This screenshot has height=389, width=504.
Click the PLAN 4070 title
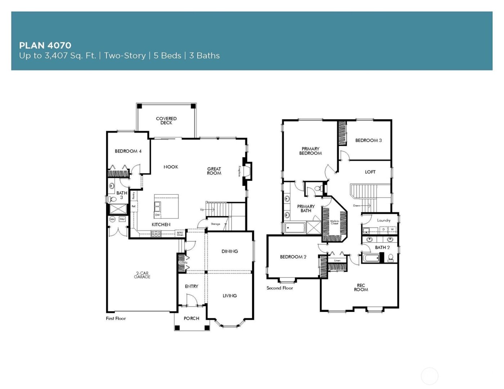coord(45,45)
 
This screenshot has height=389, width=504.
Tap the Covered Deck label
coord(166,121)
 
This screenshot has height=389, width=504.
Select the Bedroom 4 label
coord(128,151)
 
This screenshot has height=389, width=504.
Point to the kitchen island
coord(166,207)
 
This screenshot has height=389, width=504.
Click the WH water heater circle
coord(112,219)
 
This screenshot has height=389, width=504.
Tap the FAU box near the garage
coord(122,219)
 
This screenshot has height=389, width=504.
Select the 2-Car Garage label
coord(142,275)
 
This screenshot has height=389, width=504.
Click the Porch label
coord(191,318)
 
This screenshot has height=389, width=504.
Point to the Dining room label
coord(230,252)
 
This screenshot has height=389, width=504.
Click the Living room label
coord(230,296)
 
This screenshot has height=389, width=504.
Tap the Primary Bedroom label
coord(310,151)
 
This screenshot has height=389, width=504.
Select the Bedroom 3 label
coord(368,140)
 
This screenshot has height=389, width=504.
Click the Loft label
coord(370,172)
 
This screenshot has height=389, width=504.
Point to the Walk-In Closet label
coord(334,222)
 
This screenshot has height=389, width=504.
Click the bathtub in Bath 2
coord(370,258)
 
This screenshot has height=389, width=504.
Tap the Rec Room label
coord(361,288)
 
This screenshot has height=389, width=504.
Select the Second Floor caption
coord(280,288)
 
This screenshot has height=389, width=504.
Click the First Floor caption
coord(116,318)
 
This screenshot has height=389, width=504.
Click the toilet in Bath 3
coord(112,199)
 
